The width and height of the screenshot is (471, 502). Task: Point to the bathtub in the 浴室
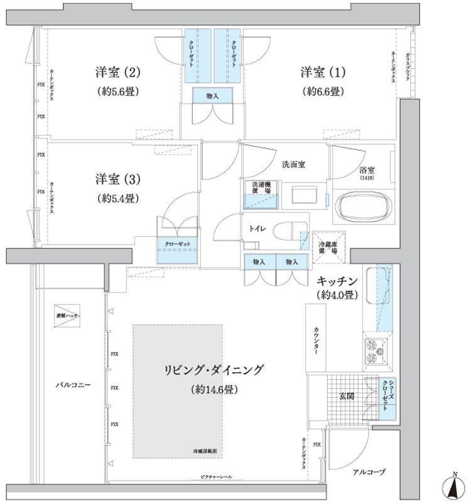coord(364,206)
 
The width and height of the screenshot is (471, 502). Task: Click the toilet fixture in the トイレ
coord(291,230)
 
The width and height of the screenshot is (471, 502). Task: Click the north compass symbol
coord(453,486)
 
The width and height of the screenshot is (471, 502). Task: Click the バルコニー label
coord(72,385)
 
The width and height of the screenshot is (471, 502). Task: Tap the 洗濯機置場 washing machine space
coord(259,191)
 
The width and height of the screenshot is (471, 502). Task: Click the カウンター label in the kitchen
coord(314,342)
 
